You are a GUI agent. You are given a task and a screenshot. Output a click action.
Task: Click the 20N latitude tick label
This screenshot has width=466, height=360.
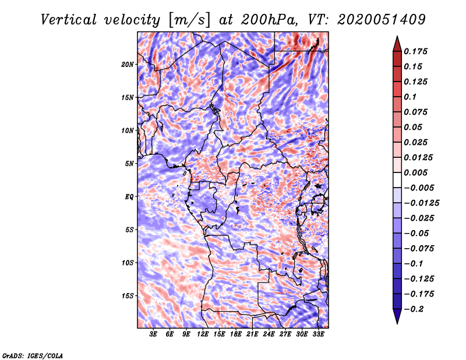pyautogui.click(x=128, y=64)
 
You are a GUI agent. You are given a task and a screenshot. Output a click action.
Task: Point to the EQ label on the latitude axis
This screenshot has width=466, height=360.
pyautogui.click(x=129, y=196)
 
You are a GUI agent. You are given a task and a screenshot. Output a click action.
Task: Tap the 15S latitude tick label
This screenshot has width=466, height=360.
pyautogui.click(x=128, y=295)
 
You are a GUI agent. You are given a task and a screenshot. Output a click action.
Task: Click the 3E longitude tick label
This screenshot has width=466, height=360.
pyautogui.click(x=154, y=334)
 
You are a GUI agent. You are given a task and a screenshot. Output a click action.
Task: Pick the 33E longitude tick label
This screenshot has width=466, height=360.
pyautogui.click(x=318, y=334)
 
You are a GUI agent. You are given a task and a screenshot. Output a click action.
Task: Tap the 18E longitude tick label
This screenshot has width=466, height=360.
pyautogui.click(x=236, y=334)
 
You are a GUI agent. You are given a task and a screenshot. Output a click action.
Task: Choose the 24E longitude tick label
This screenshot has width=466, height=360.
pyautogui.click(x=269, y=334)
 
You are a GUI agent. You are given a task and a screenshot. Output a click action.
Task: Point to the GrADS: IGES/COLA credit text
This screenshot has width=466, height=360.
pyautogui.click(x=32, y=355)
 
